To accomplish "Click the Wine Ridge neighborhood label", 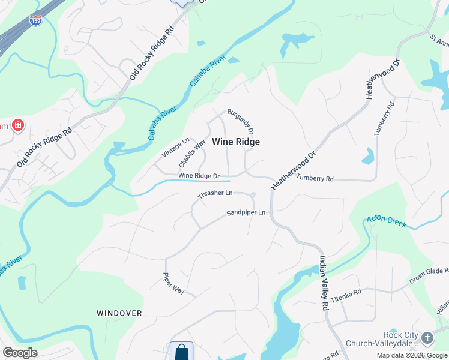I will (x=236, y=142).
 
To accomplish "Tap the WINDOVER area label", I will (x=119, y=313).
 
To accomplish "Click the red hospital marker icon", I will (x=19, y=125).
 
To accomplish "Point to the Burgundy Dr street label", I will (x=241, y=122).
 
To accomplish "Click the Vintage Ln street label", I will (x=175, y=148).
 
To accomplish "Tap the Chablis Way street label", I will (x=193, y=154).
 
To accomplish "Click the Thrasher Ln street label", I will (x=215, y=194).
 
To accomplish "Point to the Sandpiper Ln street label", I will (x=246, y=213).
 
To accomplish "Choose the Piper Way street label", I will (x=174, y=283).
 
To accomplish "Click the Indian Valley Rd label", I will (x=324, y=281).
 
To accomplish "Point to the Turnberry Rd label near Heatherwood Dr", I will (x=314, y=179).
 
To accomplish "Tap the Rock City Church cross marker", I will (x=427, y=337).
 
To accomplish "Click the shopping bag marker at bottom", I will (x=181, y=351).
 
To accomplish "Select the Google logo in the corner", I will (x=20, y=353).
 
